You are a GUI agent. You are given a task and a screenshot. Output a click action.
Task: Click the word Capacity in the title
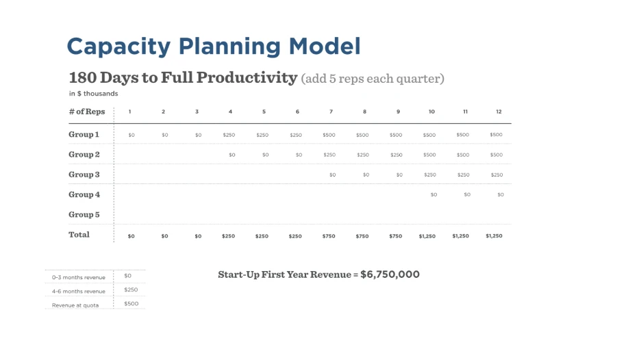(x=118, y=47)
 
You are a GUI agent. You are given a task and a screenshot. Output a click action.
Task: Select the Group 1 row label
(x=84, y=134)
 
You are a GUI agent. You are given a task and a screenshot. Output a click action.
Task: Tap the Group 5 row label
(x=84, y=214)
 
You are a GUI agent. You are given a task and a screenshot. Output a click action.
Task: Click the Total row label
(x=79, y=235)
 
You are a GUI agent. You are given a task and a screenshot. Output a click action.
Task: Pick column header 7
(x=331, y=112)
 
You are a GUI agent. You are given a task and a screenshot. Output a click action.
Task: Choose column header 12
(x=499, y=112)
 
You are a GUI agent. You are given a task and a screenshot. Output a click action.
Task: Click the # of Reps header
(x=87, y=112)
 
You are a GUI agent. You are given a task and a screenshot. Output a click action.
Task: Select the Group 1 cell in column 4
(x=229, y=135)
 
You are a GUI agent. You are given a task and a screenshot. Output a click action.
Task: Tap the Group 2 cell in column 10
(x=429, y=155)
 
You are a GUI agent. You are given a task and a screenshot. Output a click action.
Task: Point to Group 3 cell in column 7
(x=333, y=175)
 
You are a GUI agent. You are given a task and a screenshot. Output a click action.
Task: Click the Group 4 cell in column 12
(x=501, y=194)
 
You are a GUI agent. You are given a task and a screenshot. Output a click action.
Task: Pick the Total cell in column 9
(x=396, y=236)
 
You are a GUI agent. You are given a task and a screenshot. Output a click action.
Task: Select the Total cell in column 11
(x=461, y=236)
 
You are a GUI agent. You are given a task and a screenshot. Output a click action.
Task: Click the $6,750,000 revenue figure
(x=390, y=274)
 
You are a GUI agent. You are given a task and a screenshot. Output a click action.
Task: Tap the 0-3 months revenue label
(x=79, y=277)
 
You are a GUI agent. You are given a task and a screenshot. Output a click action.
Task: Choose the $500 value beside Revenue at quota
(x=131, y=304)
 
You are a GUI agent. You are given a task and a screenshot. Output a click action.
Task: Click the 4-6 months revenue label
(x=79, y=292)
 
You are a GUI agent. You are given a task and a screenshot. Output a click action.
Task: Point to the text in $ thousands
(x=94, y=94)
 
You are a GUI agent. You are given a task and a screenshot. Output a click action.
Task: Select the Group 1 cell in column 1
(x=131, y=135)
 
